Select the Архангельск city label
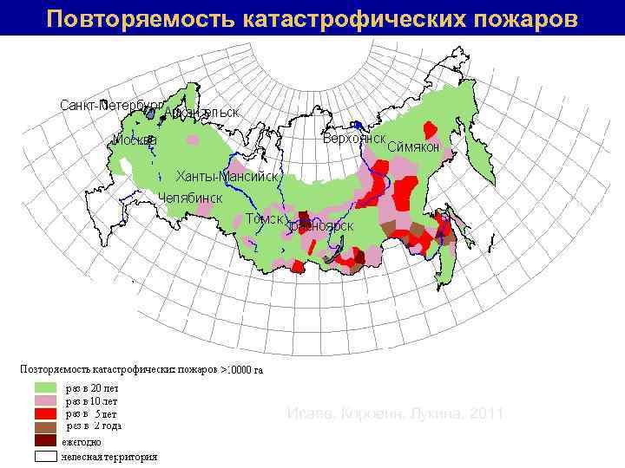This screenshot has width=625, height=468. (201, 112)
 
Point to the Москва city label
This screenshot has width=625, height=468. (135, 140)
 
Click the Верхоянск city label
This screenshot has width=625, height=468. (353, 138)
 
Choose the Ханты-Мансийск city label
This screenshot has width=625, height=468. (227, 176)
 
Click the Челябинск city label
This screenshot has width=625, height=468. (190, 198)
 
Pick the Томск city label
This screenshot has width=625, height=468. (264, 218)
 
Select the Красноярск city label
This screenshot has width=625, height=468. (321, 225)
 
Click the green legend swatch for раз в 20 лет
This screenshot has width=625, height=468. (46, 388)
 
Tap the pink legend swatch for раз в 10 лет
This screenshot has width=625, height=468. (46, 401)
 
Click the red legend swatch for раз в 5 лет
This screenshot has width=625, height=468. (46, 414)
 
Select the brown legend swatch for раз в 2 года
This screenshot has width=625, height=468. (46, 427)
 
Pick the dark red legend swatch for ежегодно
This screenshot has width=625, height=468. (46, 441)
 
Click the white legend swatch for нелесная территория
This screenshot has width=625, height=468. (46, 454)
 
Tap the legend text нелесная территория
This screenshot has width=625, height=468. (109, 455)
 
